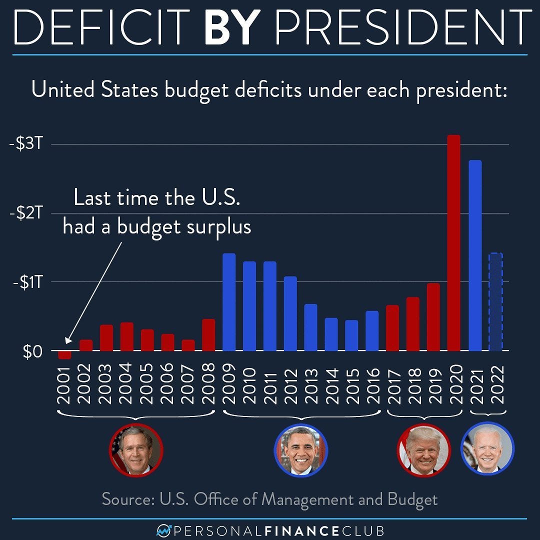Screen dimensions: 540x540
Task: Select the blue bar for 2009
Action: pyautogui.click(x=228, y=302)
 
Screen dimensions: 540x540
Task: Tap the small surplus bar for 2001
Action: pyautogui.click(x=64, y=355)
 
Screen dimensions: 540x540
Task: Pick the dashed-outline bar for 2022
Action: pyautogui.click(x=495, y=302)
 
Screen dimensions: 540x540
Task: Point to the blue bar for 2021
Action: pyautogui.click(x=474, y=255)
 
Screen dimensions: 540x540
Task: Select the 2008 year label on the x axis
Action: pyautogui.click(x=208, y=383)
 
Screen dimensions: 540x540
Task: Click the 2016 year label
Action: pyautogui.click(x=372, y=383)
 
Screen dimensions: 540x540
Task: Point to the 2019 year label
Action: pyautogui.click(x=433, y=383)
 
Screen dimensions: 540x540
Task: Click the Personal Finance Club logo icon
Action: pyautogui.click(x=163, y=529)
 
